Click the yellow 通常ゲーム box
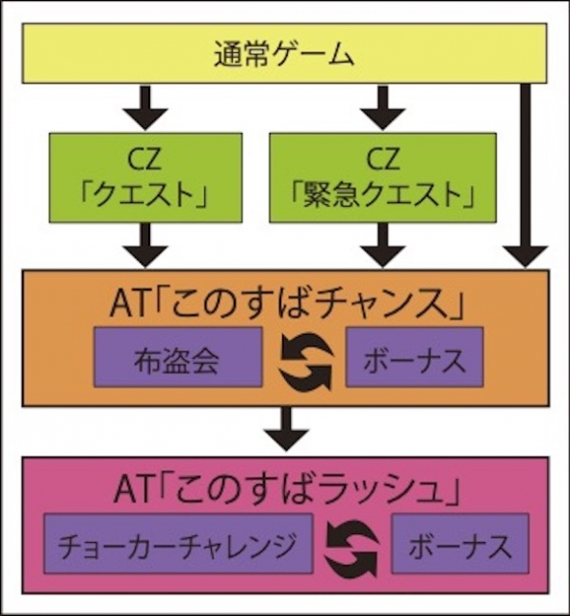click(x=284, y=54)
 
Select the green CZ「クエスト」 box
click(x=145, y=178)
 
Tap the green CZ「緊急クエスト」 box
click(x=382, y=178)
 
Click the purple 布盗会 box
click(x=178, y=357)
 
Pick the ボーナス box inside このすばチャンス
click(x=414, y=357)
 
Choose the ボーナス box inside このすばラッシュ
click(x=460, y=543)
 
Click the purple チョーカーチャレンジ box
click(x=178, y=543)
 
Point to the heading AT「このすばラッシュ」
click(x=287, y=490)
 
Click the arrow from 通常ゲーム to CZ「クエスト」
click(x=145, y=108)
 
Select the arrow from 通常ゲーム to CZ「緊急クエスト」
click(x=383, y=108)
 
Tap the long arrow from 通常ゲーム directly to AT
click(x=525, y=176)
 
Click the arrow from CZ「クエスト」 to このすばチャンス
click(x=145, y=245)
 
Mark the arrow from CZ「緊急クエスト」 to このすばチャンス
click(x=383, y=245)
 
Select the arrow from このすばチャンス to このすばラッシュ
click(x=287, y=428)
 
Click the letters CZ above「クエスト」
click(x=145, y=158)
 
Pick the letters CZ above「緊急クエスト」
click(x=383, y=158)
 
